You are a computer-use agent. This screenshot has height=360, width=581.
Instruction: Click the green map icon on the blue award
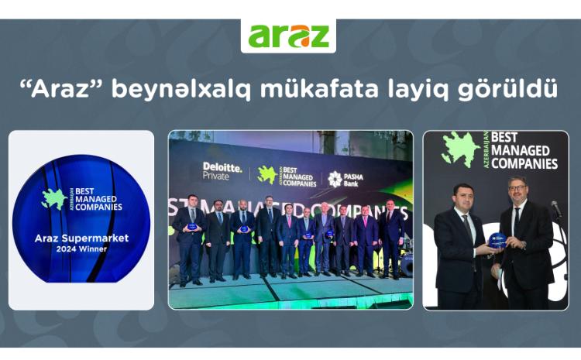(53, 199)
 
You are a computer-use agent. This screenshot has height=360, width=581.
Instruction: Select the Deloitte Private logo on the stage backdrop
(222, 170)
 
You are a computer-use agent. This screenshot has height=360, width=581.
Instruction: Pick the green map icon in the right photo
(461, 149)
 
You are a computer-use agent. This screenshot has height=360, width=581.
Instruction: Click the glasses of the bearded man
(517, 188)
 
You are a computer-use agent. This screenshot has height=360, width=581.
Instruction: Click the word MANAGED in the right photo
(524, 151)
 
